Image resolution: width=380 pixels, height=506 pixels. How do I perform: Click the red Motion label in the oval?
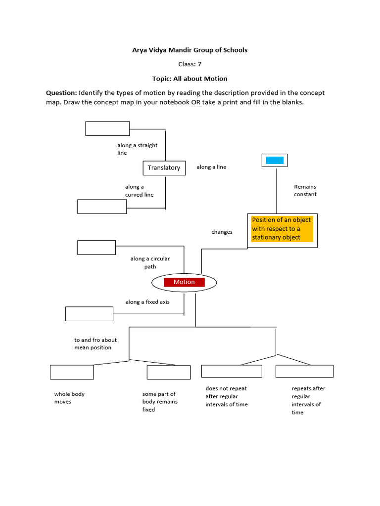[184, 282]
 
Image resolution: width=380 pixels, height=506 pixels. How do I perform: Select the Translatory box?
[164, 168]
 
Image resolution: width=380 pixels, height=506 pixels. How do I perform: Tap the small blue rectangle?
[275, 160]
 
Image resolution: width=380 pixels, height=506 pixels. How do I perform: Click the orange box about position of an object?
[282, 228]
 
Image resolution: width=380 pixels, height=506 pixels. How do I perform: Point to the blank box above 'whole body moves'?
[72, 372]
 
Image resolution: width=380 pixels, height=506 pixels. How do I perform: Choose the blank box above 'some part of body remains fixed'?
[169, 372]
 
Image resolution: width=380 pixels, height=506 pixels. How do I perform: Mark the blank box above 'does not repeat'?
[232, 371]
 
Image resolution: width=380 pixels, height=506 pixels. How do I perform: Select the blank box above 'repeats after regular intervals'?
[304, 371]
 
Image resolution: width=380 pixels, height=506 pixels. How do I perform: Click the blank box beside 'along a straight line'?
[107, 128]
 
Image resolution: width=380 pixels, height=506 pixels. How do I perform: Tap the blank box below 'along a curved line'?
[102, 207]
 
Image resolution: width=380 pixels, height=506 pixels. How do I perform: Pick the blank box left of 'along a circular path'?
[96, 248]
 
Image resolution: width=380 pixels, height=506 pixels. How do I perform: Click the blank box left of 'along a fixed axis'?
[89, 314]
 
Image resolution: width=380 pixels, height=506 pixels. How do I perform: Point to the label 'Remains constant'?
[305, 190]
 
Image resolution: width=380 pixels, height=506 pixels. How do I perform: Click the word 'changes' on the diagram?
[222, 232]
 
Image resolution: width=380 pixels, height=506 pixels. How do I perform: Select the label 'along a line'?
[211, 167]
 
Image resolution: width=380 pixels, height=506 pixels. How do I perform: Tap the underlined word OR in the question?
[196, 102]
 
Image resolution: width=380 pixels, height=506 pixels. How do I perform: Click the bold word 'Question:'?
[61, 93]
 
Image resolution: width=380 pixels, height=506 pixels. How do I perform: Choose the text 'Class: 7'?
[190, 64]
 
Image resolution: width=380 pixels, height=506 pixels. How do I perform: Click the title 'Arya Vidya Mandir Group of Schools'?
[190, 50]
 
